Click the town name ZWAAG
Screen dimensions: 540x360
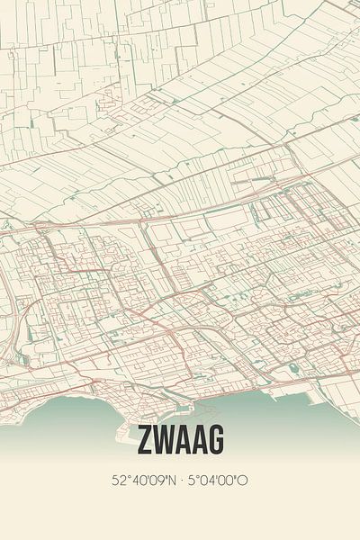point(180,441)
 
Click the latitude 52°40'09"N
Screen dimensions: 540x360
point(145,481)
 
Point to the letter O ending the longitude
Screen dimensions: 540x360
point(244,481)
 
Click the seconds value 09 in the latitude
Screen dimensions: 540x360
point(157,481)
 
